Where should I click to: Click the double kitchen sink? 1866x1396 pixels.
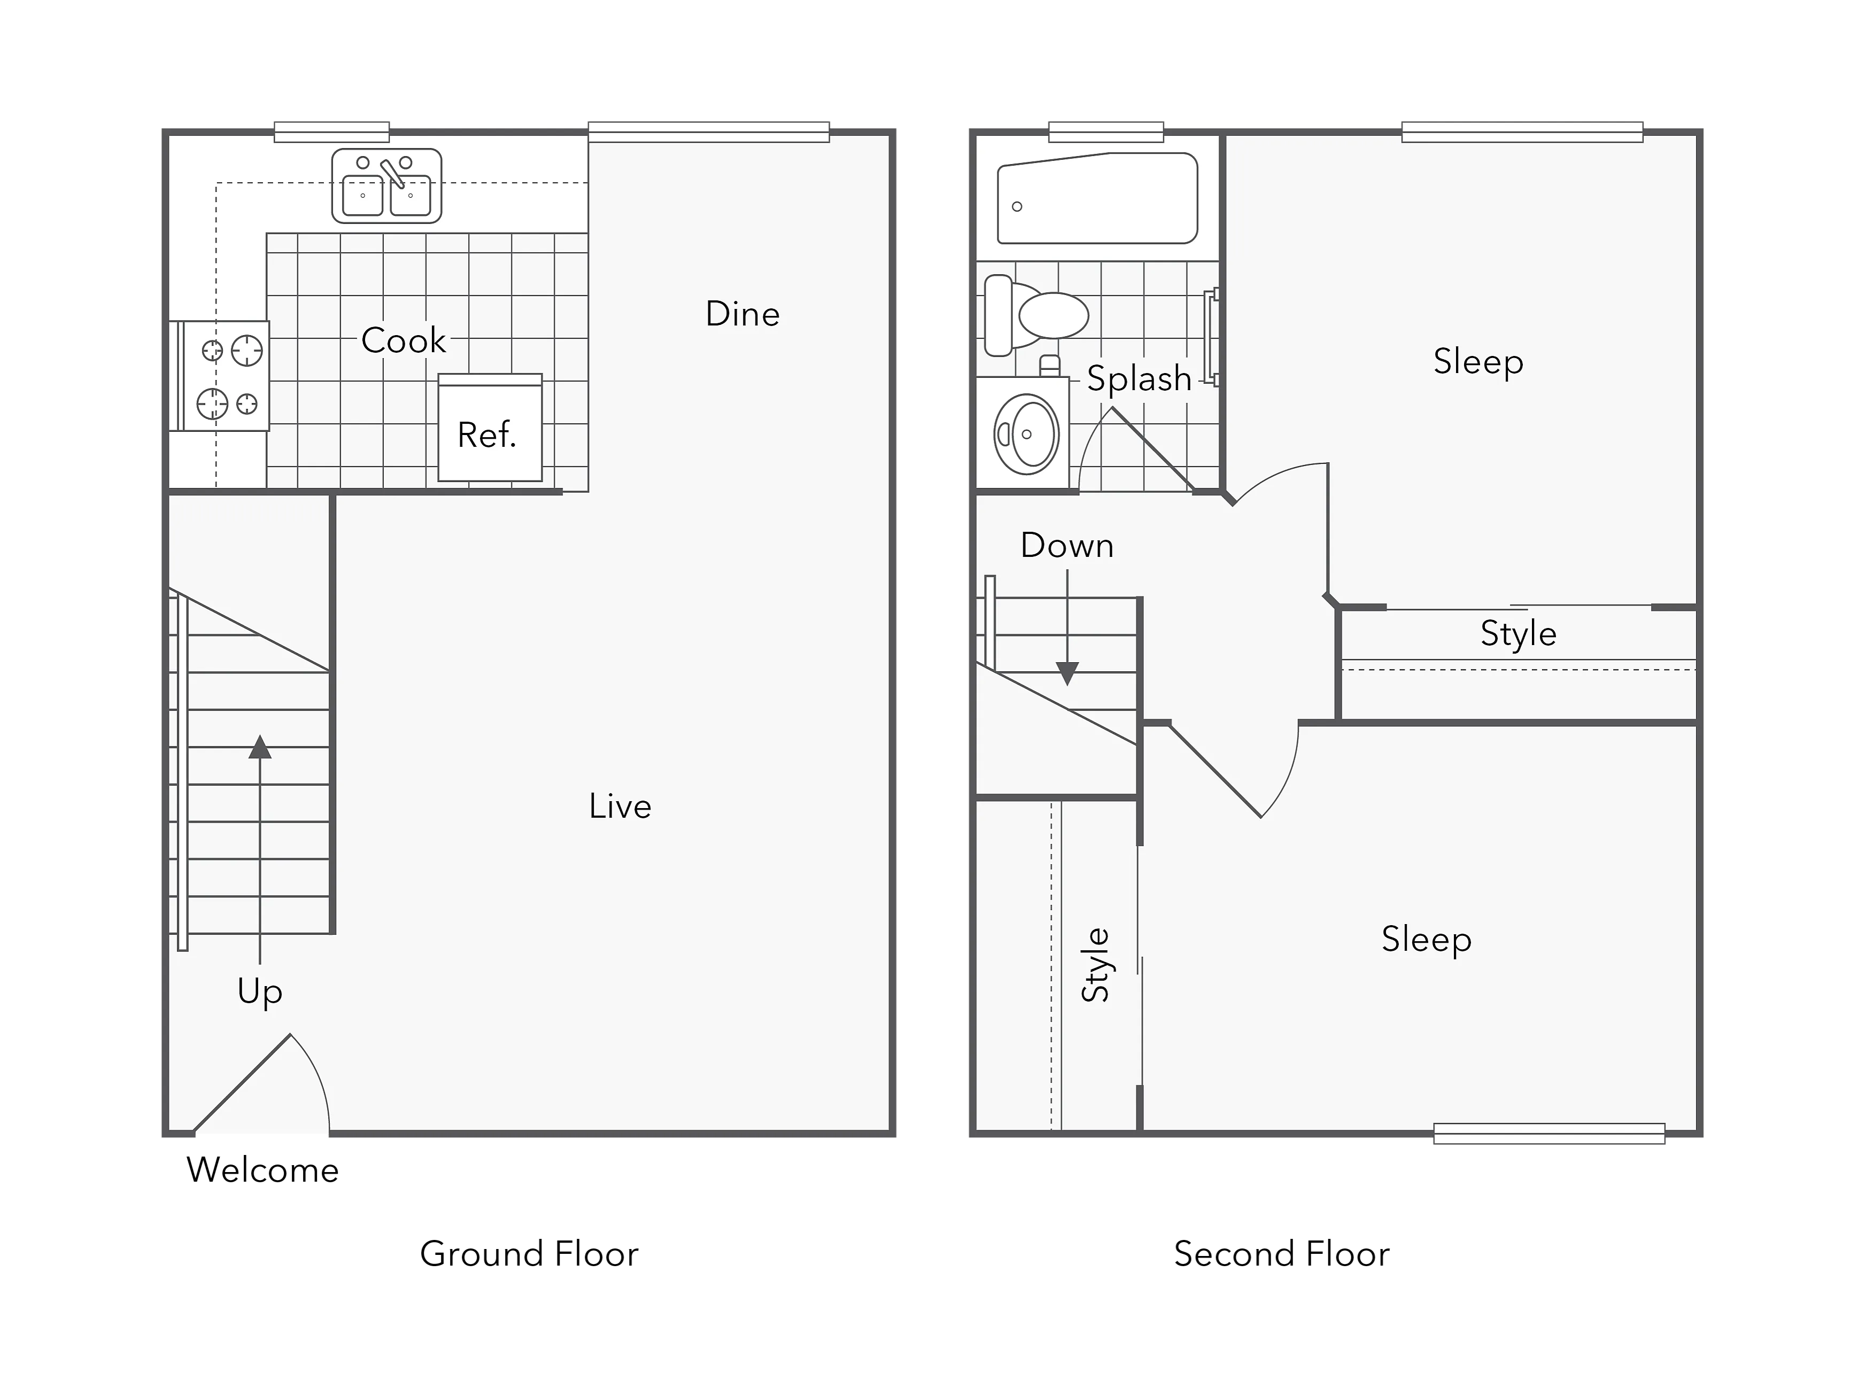pos(386,185)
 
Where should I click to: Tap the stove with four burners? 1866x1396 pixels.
pos(223,376)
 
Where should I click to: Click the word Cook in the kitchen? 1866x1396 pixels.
pos(403,340)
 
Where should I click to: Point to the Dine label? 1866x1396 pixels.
pos(742,314)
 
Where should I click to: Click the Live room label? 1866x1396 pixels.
pos(620,806)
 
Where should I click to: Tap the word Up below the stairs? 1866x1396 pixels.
pos(260,991)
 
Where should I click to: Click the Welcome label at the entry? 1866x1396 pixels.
pos(262,1170)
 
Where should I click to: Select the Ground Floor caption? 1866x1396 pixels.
pos(529,1254)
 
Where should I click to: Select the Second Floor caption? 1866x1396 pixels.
pos(1281,1254)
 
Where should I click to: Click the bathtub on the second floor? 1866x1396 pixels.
pos(1097,198)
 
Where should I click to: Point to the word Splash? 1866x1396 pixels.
pos(1139,379)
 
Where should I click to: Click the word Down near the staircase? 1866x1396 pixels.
pos(1067,546)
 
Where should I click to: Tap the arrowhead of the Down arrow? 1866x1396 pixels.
pos(1067,673)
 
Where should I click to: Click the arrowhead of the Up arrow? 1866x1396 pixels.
pos(260,747)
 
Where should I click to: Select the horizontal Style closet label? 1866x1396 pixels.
pos(1519,633)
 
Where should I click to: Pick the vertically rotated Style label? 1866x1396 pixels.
pos(1096,965)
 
